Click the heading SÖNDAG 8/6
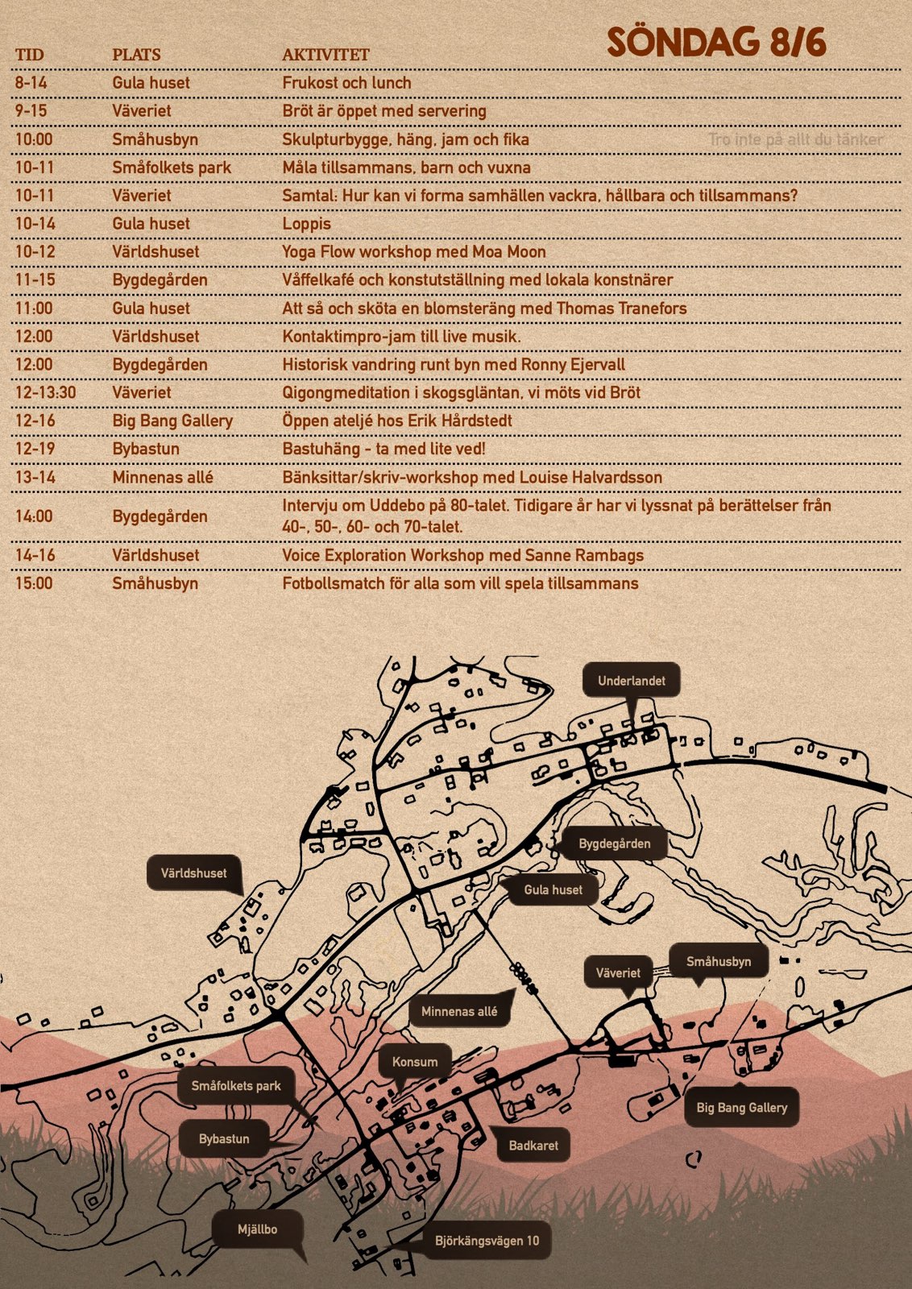(716, 43)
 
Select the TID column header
(30, 55)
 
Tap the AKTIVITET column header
(325, 55)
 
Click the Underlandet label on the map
(631, 681)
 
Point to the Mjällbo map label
(257, 1229)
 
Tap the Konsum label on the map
(415, 1062)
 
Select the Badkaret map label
(533, 1145)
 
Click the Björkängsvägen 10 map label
(487, 1241)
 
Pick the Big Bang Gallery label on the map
(741, 1108)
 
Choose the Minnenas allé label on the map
(459, 1011)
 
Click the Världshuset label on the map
(193, 873)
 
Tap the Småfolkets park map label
(235, 1086)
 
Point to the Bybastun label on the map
(224, 1139)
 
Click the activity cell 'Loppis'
(306, 224)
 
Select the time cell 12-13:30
(45, 392)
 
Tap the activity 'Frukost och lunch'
(346, 83)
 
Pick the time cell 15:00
(34, 583)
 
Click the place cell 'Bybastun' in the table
(146, 449)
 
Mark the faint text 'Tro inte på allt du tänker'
(796, 139)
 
